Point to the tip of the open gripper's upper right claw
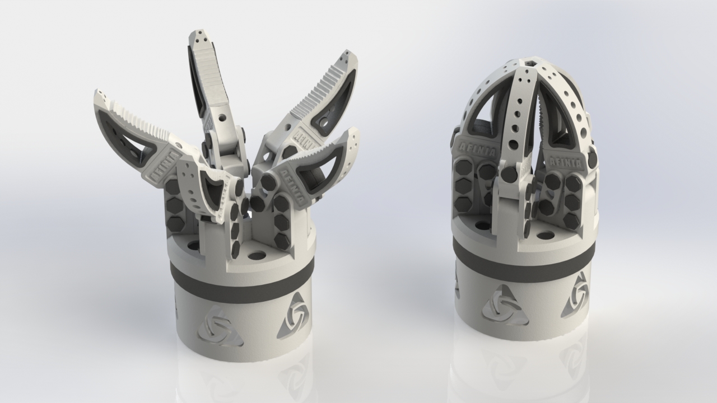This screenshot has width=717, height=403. click(350, 56)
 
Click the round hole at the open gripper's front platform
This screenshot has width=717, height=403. click(257, 256)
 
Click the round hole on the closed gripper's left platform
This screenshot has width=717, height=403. click(482, 226)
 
